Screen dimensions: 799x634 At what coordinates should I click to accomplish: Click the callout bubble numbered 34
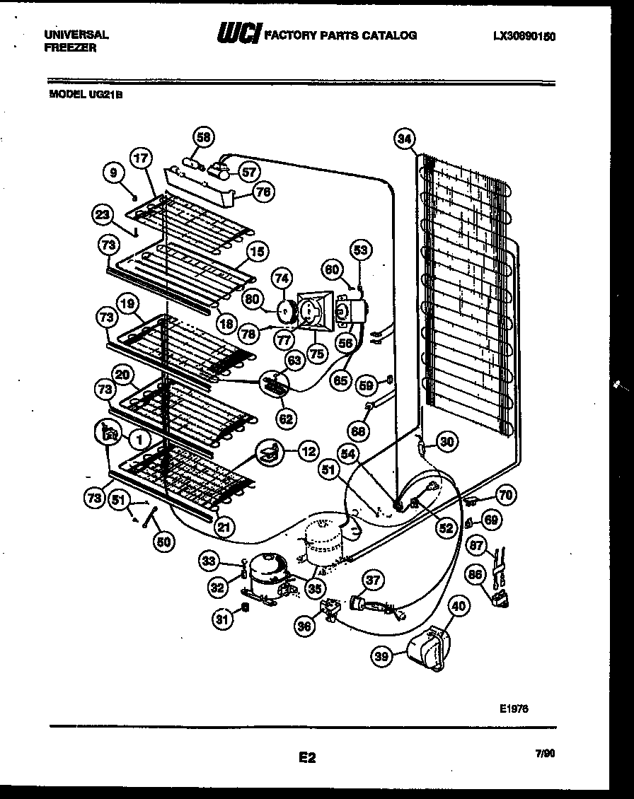click(405, 139)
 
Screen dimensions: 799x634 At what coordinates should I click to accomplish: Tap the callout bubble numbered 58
click(204, 138)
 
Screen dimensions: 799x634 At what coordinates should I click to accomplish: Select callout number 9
click(113, 170)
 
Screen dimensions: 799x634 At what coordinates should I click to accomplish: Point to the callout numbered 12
click(308, 450)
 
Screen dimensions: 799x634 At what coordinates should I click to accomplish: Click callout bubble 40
click(459, 606)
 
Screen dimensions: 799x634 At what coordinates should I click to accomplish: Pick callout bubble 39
click(383, 657)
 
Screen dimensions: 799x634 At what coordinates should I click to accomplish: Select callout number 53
click(361, 250)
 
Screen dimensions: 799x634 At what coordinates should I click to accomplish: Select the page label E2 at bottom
click(306, 758)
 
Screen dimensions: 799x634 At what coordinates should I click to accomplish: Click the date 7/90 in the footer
click(546, 755)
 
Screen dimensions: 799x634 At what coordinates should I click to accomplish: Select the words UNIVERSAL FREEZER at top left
click(76, 40)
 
